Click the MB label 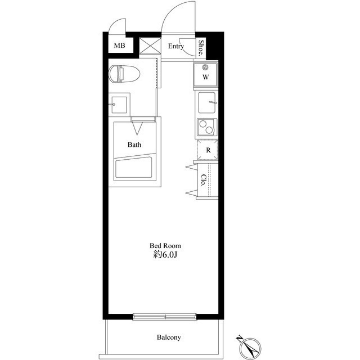120,46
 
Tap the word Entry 176,46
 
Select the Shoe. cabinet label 201,48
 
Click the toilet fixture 124,74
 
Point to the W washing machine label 206,77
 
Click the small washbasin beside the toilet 119,105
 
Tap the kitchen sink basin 207,102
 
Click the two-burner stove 207,127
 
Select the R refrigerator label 208,150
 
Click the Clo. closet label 203,181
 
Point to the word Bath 134,145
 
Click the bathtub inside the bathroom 134,167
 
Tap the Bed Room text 165,246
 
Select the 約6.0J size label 165,255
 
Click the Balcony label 169,337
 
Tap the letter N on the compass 239,339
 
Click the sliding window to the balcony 165,317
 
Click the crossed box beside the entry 150,46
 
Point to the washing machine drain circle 205,67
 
